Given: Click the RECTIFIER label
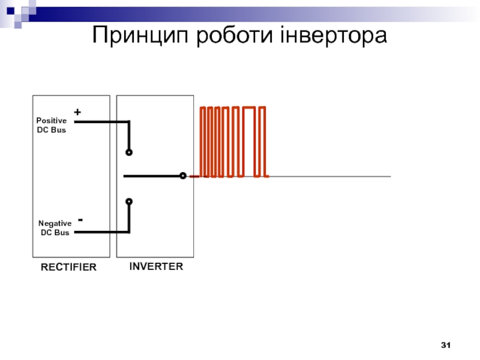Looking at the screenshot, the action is tap(68, 267).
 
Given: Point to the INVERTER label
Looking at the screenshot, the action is tap(156, 266).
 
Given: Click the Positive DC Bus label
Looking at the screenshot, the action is tap(52, 125).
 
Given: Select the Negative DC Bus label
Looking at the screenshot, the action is tap(55, 228).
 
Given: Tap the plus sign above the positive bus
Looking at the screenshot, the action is tap(77, 112).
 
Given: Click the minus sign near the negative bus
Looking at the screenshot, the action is tap(80, 220).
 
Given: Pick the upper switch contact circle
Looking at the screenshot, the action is tap(129, 152).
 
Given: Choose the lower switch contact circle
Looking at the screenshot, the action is tap(129, 202).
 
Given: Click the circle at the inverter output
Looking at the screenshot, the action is tap(183, 176).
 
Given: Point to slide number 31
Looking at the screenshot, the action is tap(446, 345).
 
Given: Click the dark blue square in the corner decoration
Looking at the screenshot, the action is tap(11, 11).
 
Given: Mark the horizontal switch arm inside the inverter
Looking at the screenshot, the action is tap(152, 176).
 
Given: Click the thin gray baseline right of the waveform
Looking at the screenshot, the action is tap(329, 176).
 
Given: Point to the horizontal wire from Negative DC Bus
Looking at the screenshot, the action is tap(102, 232).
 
